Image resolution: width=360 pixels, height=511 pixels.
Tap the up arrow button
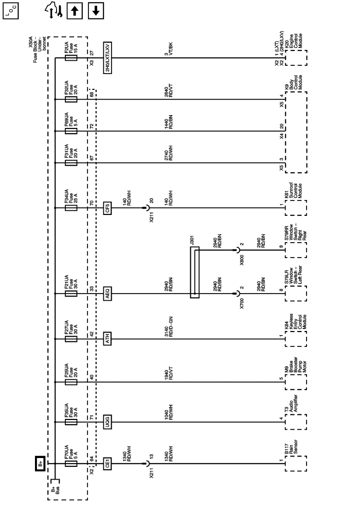click(x=75, y=10)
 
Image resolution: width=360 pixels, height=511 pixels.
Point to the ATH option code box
click(x=107, y=338)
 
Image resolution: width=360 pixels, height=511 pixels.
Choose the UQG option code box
click(x=107, y=423)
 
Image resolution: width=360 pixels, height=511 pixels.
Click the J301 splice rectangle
click(x=194, y=272)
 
